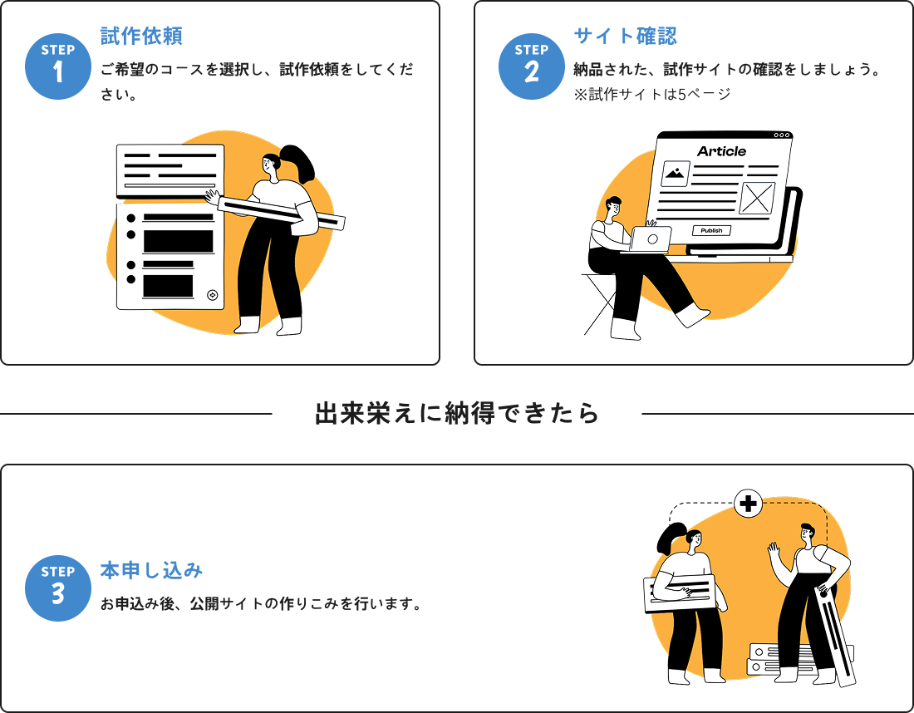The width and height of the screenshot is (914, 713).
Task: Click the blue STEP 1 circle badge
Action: pos(57,66)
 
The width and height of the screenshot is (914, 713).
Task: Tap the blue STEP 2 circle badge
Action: pos(531,66)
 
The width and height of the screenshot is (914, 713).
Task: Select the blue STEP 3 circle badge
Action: pos(57,588)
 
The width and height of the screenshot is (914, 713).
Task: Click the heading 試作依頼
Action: pos(141,36)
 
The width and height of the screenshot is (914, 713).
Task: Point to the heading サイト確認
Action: pos(625,36)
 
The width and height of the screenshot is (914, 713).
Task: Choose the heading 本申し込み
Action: pos(151,570)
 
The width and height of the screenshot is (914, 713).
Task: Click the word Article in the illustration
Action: pos(721,151)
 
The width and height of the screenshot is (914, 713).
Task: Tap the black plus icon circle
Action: pos(749,504)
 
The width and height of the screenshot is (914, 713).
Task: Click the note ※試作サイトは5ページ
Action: pos(652,94)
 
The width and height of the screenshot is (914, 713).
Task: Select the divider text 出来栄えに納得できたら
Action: pos(457,414)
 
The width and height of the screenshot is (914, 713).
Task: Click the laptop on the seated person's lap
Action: pos(650,239)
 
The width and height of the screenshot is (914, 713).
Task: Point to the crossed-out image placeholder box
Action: pos(756,199)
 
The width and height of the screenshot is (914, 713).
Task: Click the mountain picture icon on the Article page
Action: pos(676,174)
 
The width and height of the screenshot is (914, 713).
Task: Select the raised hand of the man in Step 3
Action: pos(774,550)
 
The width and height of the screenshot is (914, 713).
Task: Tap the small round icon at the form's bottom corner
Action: pos(212,294)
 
